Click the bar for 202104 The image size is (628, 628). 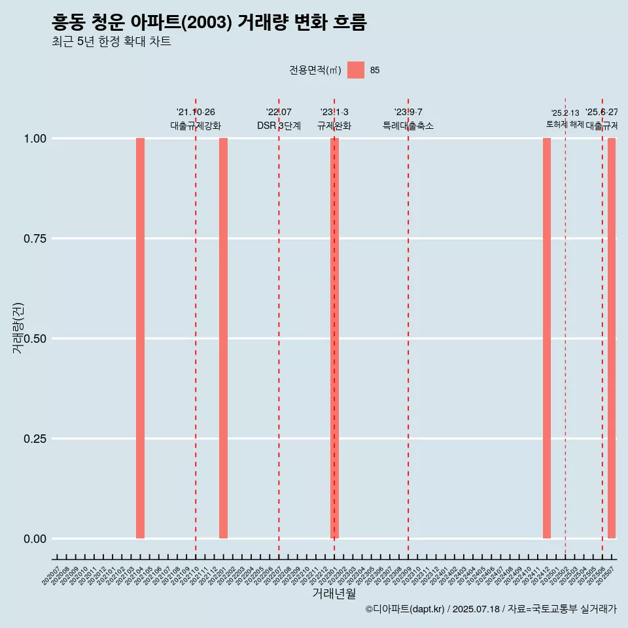(x=140, y=338)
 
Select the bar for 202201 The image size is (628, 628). (x=223, y=338)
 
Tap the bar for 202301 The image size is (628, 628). (x=334, y=338)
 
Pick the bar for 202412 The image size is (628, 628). (x=547, y=338)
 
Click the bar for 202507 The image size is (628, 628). (x=612, y=338)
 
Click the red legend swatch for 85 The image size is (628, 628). (x=356, y=70)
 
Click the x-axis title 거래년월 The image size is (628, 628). (x=334, y=593)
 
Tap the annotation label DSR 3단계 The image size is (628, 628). (x=279, y=126)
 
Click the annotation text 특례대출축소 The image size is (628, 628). (x=408, y=126)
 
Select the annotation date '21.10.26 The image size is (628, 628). (x=196, y=113)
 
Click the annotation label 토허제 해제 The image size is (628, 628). (x=565, y=124)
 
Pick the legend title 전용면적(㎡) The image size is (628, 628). (x=315, y=70)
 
